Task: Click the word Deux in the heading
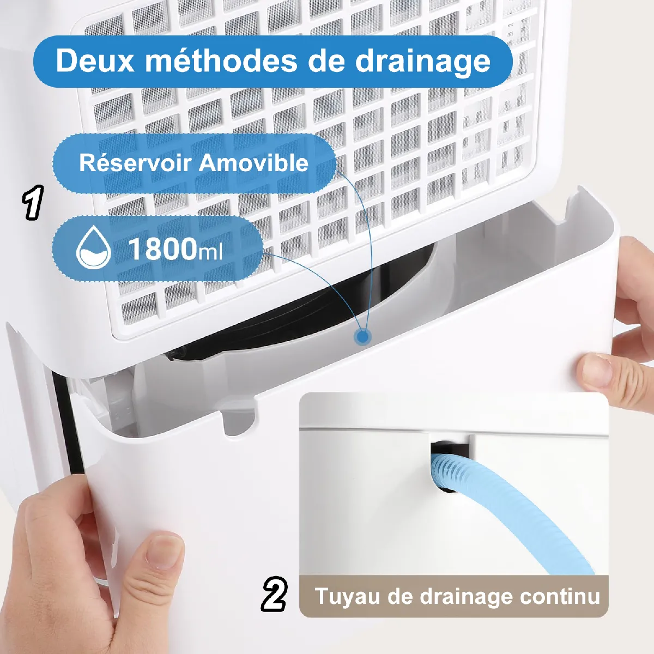coord(95,60)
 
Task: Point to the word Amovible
coord(253,163)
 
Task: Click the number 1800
coord(162,249)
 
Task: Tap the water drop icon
coord(93,247)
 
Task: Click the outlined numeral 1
coord(33,202)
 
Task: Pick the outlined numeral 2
coord(274,594)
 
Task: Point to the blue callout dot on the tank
coord(363,337)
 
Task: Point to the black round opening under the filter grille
coord(305,316)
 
